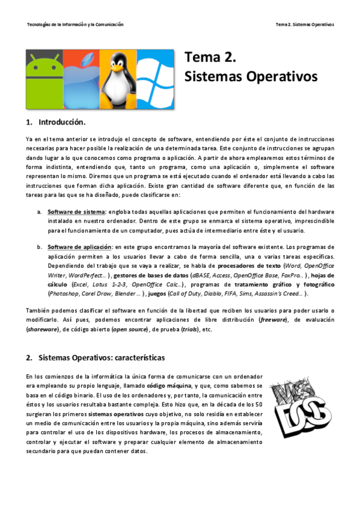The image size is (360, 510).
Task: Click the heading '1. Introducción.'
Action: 56,123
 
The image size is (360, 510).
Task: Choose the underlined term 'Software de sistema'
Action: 77,212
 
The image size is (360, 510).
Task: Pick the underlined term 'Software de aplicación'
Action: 80,247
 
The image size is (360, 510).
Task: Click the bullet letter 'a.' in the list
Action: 39,212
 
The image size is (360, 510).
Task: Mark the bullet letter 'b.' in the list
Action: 39,247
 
